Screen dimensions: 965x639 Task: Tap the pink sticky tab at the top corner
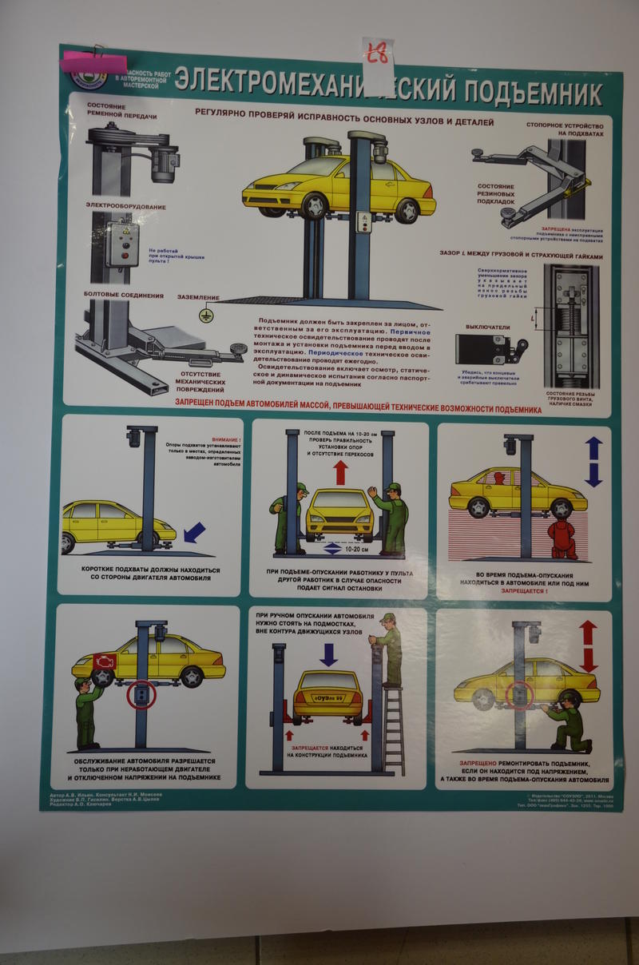(x=94, y=62)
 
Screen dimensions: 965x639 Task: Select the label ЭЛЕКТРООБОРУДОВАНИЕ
(x=126, y=207)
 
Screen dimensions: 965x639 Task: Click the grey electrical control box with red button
(x=123, y=244)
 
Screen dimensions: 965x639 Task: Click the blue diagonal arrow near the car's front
(x=194, y=531)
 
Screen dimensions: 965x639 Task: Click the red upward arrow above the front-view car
(x=340, y=472)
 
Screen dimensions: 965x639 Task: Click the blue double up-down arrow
(x=593, y=462)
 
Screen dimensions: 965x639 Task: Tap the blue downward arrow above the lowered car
(x=328, y=654)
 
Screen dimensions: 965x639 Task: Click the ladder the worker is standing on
(x=393, y=730)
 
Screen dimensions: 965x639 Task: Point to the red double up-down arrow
(x=588, y=645)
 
